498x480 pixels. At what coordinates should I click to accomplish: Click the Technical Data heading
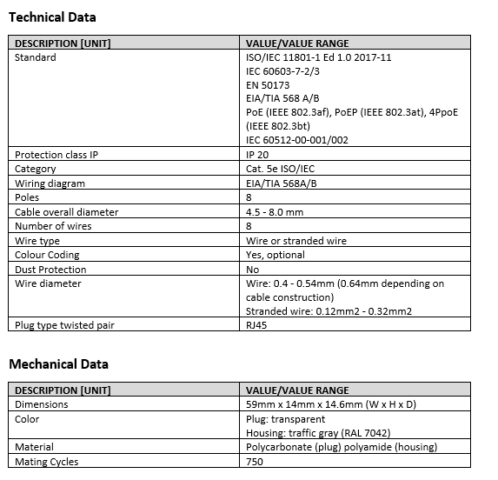pyautogui.click(x=52, y=17)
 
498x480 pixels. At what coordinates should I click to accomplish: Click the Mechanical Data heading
pyautogui.click(x=58, y=364)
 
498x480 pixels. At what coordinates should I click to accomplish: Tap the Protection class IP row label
pyautogui.click(x=56, y=155)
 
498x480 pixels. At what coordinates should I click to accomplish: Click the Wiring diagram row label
pyautogui.click(x=50, y=183)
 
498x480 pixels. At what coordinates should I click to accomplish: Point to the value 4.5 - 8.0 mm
pyautogui.click(x=275, y=212)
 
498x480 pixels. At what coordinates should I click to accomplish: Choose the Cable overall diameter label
pyautogui.click(x=67, y=212)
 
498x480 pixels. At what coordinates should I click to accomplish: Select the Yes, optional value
pyautogui.click(x=276, y=255)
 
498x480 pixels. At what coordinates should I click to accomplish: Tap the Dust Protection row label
pyautogui.click(x=50, y=270)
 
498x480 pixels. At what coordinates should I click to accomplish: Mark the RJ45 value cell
pyautogui.click(x=259, y=325)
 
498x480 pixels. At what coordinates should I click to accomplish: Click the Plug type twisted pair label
pyautogui.click(x=65, y=325)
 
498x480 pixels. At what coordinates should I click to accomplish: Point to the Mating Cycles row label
pyautogui.click(x=47, y=462)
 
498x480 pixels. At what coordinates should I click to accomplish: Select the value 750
pyautogui.click(x=255, y=462)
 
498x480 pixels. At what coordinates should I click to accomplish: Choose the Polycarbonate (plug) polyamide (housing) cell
pyautogui.click(x=342, y=448)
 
